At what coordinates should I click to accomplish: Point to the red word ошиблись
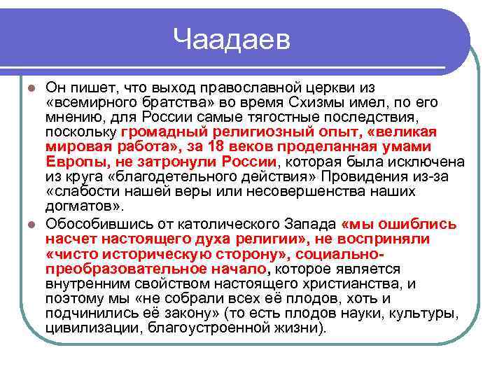click(423, 225)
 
